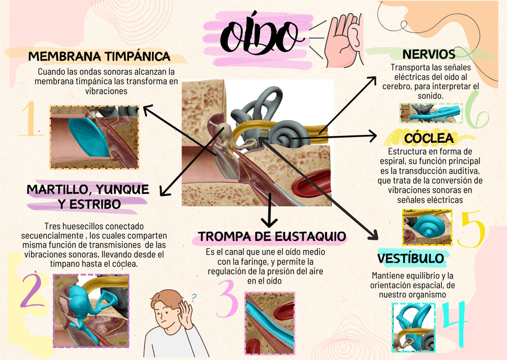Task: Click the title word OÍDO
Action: coord(261,36)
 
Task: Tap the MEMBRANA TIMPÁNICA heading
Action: coord(99,57)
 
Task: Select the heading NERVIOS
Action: coord(429,54)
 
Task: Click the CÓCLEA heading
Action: coord(429,139)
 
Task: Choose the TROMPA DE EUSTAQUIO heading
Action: coord(271,236)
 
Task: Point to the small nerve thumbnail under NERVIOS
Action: coord(431,113)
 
